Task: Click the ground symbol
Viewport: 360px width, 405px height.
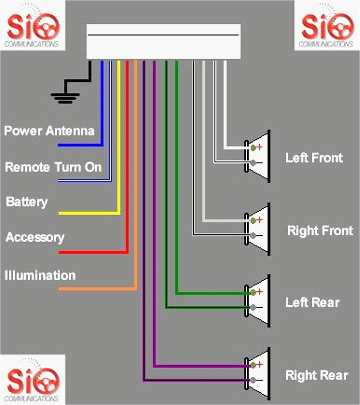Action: tap(65, 97)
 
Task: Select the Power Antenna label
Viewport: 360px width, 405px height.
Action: tap(49, 131)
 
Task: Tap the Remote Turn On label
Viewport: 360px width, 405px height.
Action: tap(53, 167)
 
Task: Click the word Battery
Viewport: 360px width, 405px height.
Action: tap(27, 202)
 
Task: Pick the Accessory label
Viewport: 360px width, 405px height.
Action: tap(35, 238)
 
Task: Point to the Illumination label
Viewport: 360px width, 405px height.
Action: tap(40, 275)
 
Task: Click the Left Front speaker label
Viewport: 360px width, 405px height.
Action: tap(314, 158)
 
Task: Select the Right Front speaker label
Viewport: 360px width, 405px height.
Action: tap(320, 231)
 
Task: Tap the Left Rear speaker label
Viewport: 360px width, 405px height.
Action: tap(312, 303)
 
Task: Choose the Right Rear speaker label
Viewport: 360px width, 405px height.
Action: tap(317, 375)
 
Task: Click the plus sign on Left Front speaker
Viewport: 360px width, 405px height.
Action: tap(259, 147)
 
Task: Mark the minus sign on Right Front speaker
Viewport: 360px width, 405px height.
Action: tap(259, 235)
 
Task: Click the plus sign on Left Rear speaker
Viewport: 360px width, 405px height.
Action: tap(259, 291)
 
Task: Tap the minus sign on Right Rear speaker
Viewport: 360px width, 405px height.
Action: tap(259, 380)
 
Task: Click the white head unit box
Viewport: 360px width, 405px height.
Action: tap(163, 41)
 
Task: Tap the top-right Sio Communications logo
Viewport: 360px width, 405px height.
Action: tap(327, 26)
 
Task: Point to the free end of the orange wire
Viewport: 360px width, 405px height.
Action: tap(60, 289)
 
